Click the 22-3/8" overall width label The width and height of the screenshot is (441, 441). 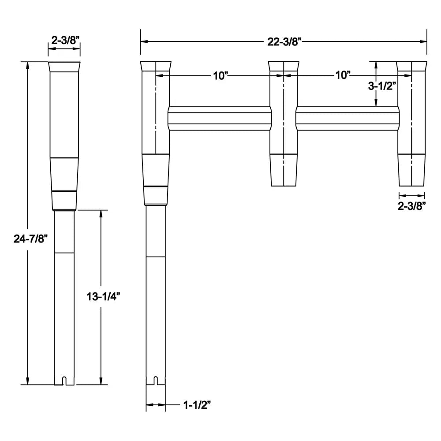[284, 41]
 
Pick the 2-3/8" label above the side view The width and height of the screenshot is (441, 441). [64, 40]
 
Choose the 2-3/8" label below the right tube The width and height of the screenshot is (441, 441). [412, 206]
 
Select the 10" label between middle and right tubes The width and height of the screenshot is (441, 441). [342, 75]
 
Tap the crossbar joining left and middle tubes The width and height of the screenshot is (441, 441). [219, 118]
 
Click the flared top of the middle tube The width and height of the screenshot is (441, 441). [284, 66]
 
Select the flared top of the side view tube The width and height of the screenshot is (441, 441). [64, 67]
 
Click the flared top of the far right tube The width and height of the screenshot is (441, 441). [412, 66]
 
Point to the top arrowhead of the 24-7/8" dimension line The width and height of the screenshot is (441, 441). [28, 65]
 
